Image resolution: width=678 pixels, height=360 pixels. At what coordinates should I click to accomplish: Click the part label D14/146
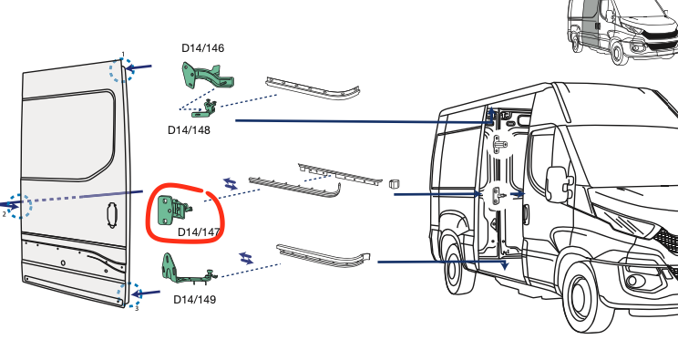click(x=203, y=48)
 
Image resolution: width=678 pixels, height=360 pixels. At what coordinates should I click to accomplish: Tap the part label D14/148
click(x=189, y=129)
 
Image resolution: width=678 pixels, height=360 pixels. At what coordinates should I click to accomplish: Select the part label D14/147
click(x=199, y=232)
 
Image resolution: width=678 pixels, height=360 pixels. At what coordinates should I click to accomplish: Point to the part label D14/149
click(x=195, y=300)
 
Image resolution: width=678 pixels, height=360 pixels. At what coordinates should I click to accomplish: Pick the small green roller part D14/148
click(x=204, y=109)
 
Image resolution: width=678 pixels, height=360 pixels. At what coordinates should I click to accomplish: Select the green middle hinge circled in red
click(x=173, y=211)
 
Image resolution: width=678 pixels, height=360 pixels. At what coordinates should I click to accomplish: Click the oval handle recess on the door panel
click(x=112, y=215)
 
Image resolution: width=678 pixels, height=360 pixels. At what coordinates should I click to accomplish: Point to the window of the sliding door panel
click(x=68, y=136)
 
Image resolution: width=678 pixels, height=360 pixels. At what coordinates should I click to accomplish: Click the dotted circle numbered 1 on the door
click(x=121, y=70)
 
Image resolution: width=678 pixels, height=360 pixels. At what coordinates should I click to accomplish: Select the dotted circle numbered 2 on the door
click(x=19, y=206)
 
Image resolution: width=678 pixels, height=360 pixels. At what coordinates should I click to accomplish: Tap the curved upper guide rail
click(x=313, y=87)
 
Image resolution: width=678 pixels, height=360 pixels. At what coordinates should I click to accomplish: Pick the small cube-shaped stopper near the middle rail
click(x=394, y=184)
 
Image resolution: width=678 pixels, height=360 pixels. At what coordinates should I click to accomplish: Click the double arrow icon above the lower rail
click(x=246, y=258)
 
